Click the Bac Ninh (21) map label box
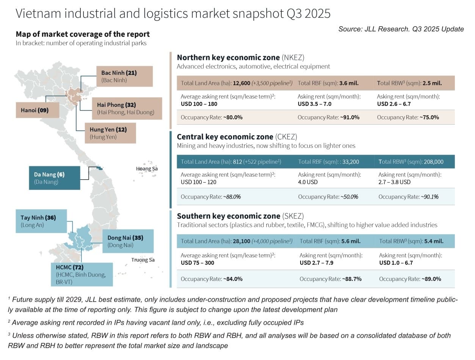pos(124,76)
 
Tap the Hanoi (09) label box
pos(38,110)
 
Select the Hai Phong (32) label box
pos(127,108)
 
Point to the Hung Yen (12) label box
pos(110,133)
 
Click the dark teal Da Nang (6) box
pos(55,178)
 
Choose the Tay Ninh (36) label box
pos(41,221)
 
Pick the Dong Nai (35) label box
pos(128,241)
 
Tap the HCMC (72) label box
pos(82,274)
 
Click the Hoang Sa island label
pos(147,169)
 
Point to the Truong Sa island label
pos(143,260)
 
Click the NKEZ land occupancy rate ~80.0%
pos(233,117)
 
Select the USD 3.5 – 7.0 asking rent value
pos(314,104)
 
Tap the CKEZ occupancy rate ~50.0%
pos(349,197)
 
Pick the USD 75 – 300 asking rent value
pos(198,263)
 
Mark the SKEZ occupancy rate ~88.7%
pos(352,279)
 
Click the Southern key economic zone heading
pos(229,216)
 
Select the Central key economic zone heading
pos(225,137)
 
